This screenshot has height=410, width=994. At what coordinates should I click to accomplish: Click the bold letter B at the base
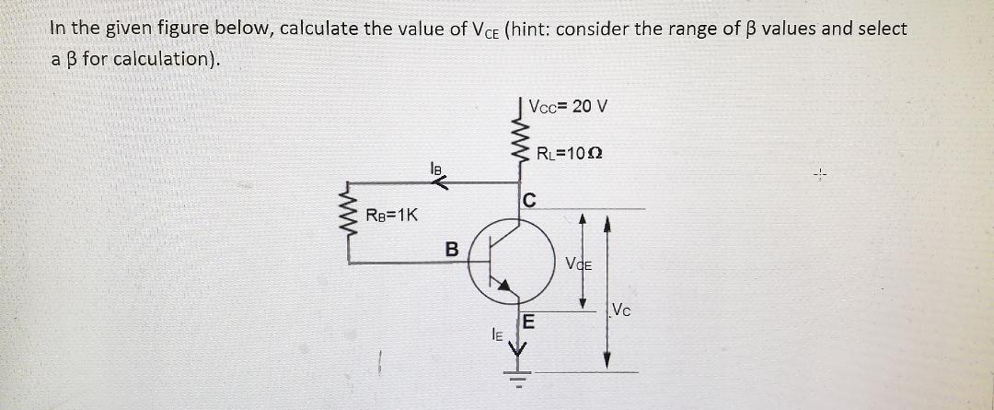[451, 248]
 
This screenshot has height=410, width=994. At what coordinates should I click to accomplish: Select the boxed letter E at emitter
[527, 322]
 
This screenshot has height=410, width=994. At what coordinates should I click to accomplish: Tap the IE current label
[496, 336]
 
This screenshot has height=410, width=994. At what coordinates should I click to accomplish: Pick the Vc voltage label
[621, 309]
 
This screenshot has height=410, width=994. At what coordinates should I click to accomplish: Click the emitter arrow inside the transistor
[503, 287]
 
